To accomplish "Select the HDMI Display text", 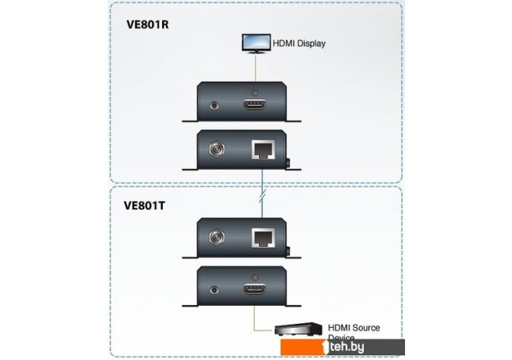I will click(x=300, y=44).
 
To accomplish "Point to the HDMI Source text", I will click(x=353, y=328).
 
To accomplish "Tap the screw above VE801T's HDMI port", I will click(x=254, y=274).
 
